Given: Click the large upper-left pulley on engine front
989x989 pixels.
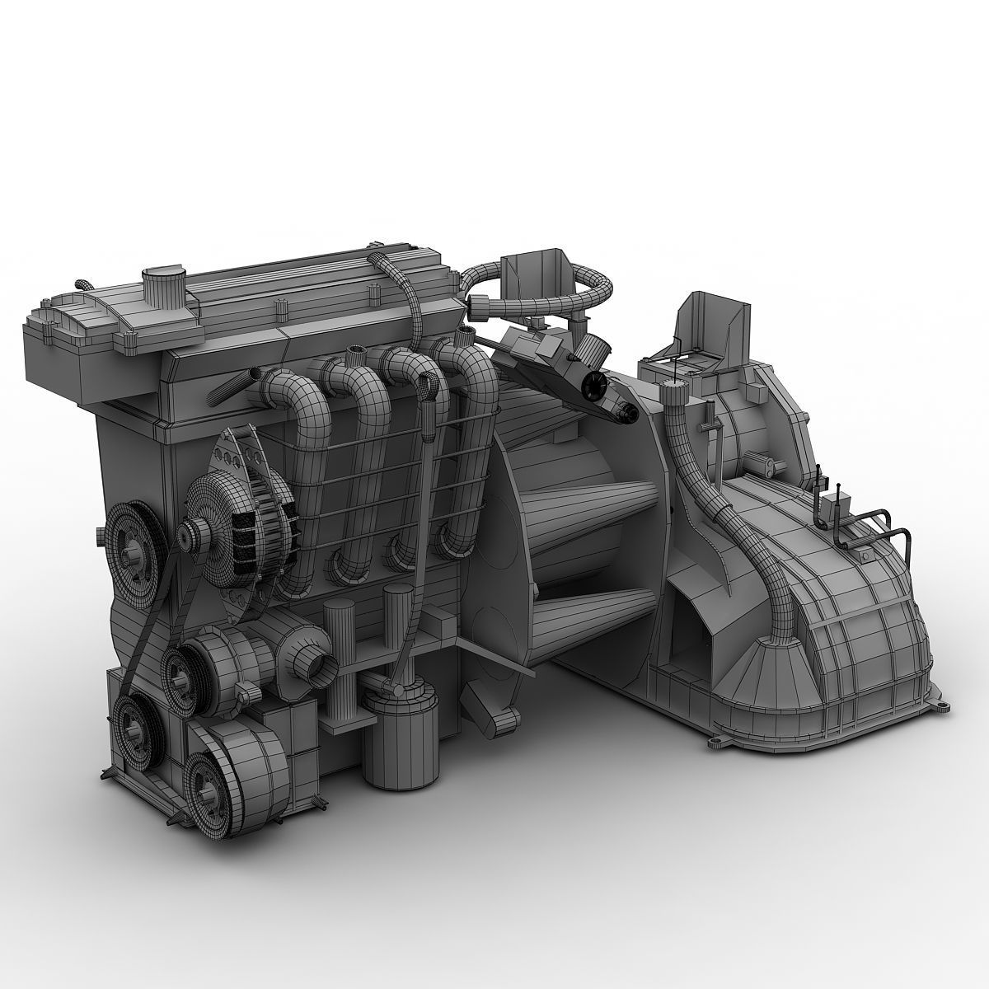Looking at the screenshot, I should pos(132,540).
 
